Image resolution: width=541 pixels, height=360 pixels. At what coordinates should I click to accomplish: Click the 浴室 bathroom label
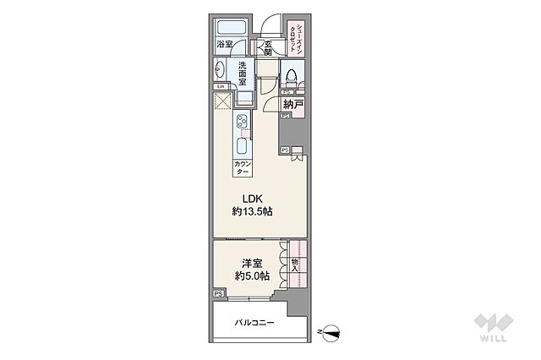pyautogui.click(x=224, y=44)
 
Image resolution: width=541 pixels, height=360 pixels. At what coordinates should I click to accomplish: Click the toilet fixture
pyautogui.click(x=292, y=75)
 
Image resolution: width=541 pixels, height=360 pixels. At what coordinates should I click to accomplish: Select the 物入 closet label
pyautogui.click(x=294, y=265)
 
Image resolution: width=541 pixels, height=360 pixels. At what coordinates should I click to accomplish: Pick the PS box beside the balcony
pyautogui.click(x=218, y=294)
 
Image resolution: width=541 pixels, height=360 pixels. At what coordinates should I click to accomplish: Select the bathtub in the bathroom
pyautogui.click(x=228, y=27)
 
